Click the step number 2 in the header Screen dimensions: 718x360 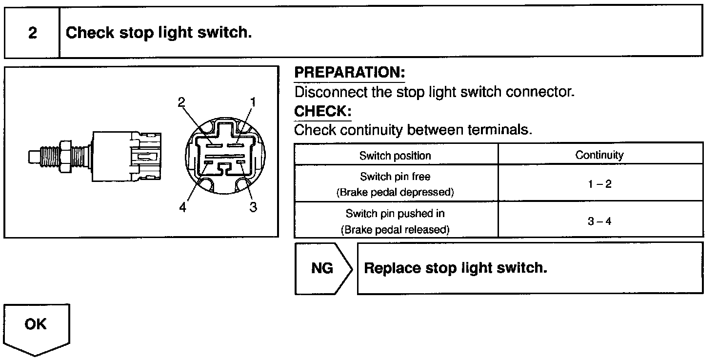tap(32, 33)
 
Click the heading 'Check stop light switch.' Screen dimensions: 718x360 tap(159, 33)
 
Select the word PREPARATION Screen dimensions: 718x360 tap(350, 73)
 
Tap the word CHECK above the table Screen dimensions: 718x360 tap(322, 111)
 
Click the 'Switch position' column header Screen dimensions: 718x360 tap(395, 156)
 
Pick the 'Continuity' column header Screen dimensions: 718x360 tap(599, 155)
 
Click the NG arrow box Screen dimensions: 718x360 tap(322, 268)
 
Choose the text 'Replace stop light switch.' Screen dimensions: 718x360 tap(456, 268)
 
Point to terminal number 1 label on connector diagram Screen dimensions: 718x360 tap(253, 102)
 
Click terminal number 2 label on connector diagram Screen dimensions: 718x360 tap(181, 102)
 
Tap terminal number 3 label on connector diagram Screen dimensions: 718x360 tap(253, 207)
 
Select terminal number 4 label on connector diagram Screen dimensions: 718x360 tap(182, 207)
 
